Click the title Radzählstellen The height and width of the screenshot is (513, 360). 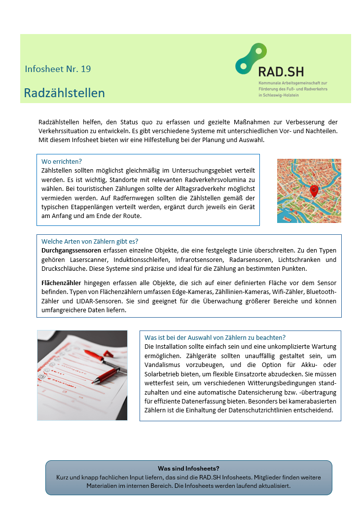[x=64, y=93]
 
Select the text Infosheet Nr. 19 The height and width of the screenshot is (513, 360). [x=58, y=69]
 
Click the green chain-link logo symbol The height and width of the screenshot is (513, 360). [x=251, y=59]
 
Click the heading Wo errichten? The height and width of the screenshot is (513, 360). [x=62, y=161]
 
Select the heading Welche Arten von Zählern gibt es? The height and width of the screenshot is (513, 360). [x=90, y=241]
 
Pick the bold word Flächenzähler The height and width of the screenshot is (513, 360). [x=62, y=283]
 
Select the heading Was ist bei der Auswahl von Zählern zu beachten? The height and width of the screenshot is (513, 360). [x=215, y=337]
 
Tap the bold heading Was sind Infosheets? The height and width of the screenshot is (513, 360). [x=188, y=468]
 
